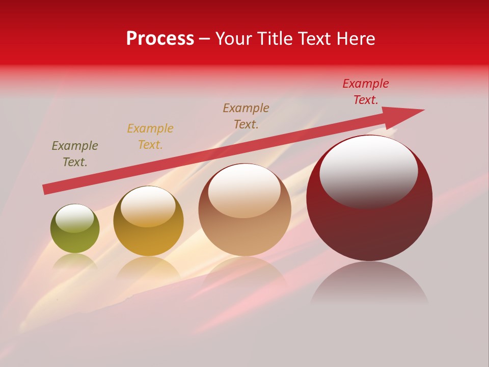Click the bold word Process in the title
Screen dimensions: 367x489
coord(160,39)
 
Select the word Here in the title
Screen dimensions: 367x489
coord(356,39)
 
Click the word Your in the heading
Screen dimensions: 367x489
coord(233,39)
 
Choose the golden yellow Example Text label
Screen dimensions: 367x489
coord(150,137)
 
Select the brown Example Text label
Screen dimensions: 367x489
coord(246,116)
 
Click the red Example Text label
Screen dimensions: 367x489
coord(366,92)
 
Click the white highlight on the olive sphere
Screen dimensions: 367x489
coord(74,218)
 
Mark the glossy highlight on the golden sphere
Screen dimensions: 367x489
coord(148,206)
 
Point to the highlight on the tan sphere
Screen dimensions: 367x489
coord(244,190)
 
